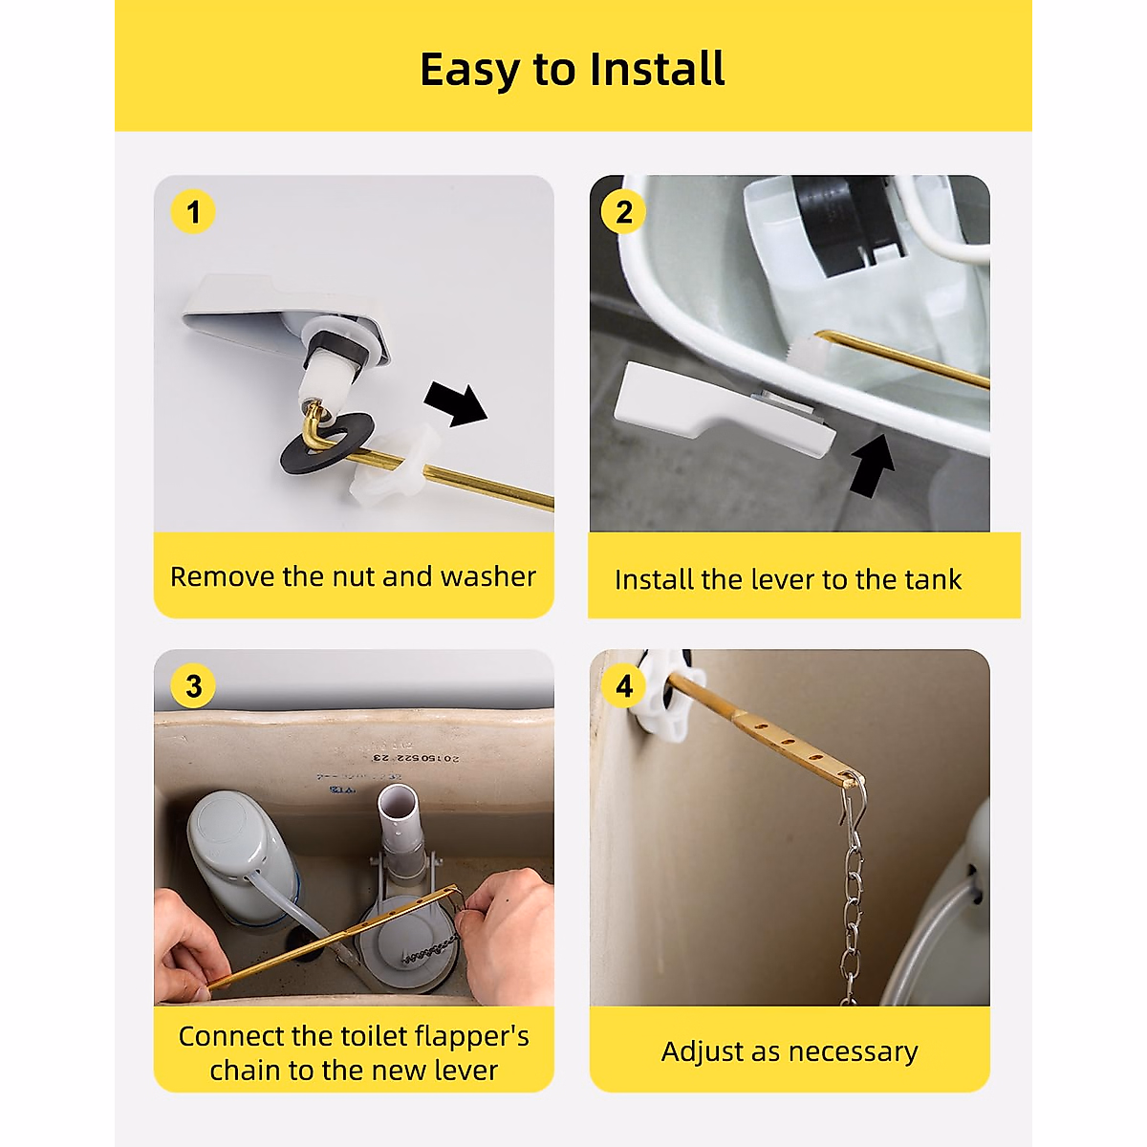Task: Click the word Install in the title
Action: [x=657, y=69]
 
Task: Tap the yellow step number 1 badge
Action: [x=193, y=211]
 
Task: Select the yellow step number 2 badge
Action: [x=623, y=212]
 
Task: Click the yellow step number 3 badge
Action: [x=193, y=686]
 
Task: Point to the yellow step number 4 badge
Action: [x=623, y=686]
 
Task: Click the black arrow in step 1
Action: [x=457, y=403]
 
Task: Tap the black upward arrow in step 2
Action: [x=872, y=465]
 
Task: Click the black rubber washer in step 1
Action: [x=328, y=441]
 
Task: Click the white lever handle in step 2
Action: [x=724, y=408]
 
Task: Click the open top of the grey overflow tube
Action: [x=398, y=796]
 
